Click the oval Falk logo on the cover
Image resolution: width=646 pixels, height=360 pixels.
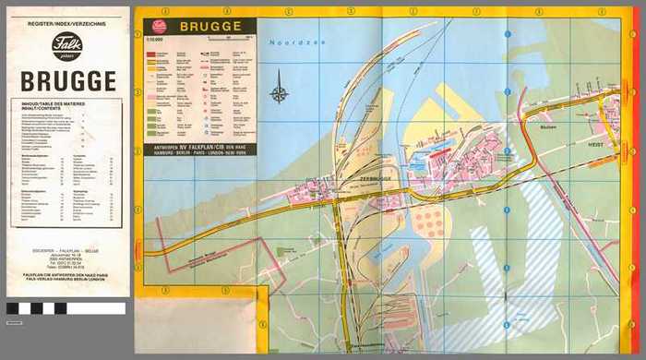66,46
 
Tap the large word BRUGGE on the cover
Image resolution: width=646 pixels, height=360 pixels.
67,80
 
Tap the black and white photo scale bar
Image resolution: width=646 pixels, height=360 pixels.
65,308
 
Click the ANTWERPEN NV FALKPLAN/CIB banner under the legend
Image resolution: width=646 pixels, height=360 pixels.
200,148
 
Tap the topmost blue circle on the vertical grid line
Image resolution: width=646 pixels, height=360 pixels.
507,35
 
